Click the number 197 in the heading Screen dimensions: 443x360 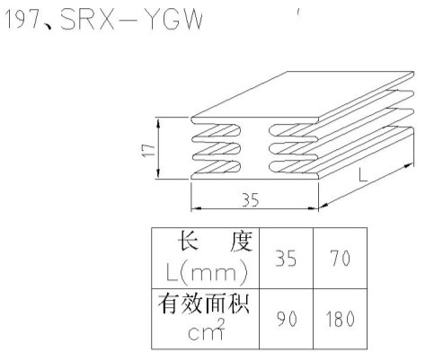(x=23, y=20)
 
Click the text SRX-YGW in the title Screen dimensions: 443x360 (x=131, y=20)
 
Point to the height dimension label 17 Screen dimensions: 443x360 (x=148, y=150)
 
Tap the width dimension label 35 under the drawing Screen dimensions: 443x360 (x=251, y=200)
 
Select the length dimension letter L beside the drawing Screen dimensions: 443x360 (x=363, y=175)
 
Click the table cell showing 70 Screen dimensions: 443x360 (x=340, y=258)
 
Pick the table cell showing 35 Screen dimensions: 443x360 (x=286, y=258)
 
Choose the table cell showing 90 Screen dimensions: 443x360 (x=287, y=319)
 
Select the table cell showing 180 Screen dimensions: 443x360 (x=340, y=319)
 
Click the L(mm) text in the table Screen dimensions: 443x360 (x=207, y=273)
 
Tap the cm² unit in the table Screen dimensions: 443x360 (x=207, y=329)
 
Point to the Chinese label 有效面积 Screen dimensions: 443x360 (x=204, y=303)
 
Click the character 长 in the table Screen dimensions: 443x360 (x=188, y=241)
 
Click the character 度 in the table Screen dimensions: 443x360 (x=242, y=241)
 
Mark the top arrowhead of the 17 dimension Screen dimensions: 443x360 (x=158, y=121)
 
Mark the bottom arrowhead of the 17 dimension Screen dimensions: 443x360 (x=158, y=175)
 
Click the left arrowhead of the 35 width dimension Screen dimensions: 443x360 (x=195, y=208)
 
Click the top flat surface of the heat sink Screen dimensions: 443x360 (x=303, y=95)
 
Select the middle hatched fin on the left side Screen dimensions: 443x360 (x=217, y=149)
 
